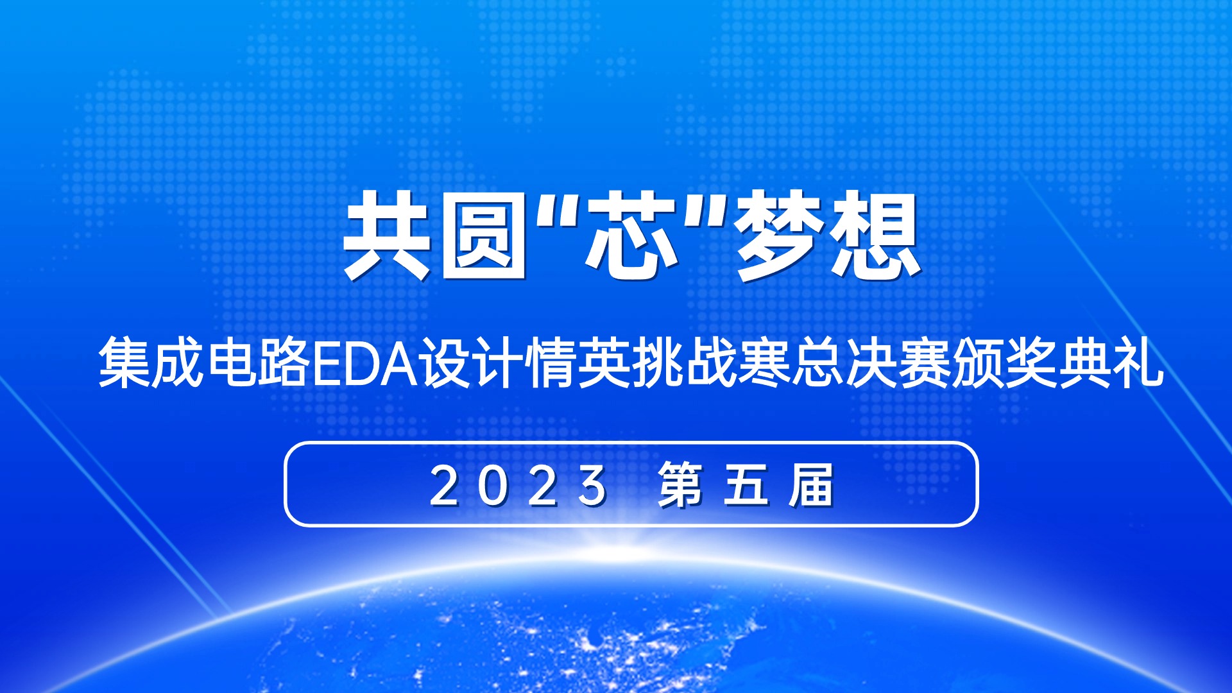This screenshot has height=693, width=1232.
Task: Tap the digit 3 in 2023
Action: point(592,486)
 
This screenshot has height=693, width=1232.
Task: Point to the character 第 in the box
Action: point(681,485)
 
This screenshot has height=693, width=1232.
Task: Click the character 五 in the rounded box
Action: point(746,485)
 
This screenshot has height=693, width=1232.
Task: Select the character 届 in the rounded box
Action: point(812,485)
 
